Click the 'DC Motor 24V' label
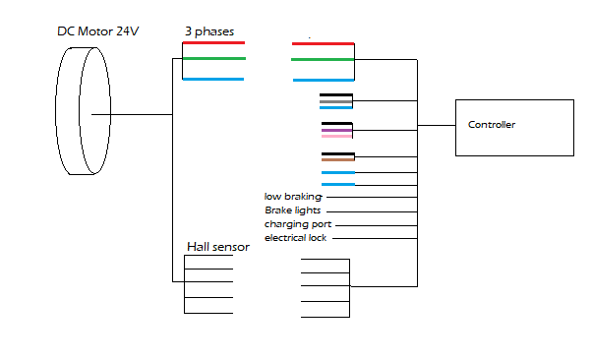click(x=98, y=30)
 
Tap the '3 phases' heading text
click(x=209, y=31)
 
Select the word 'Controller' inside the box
click(x=492, y=125)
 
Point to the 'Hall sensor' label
click(x=218, y=247)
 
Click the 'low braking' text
click(x=293, y=197)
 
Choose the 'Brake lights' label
click(x=293, y=210)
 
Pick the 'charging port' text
click(x=298, y=224)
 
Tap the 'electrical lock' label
click(x=296, y=238)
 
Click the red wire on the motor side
click(x=213, y=43)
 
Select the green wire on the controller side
click(x=323, y=60)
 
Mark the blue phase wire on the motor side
click(x=213, y=79)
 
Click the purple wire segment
click(x=336, y=130)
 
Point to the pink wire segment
click(x=336, y=136)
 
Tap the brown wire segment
click(x=338, y=159)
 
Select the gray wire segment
click(x=336, y=102)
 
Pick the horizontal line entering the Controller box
click(x=437, y=126)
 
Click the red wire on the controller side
click(x=323, y=44)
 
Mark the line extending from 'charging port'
click(x=377, y=225)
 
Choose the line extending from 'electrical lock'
click(x=375, y=238)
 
